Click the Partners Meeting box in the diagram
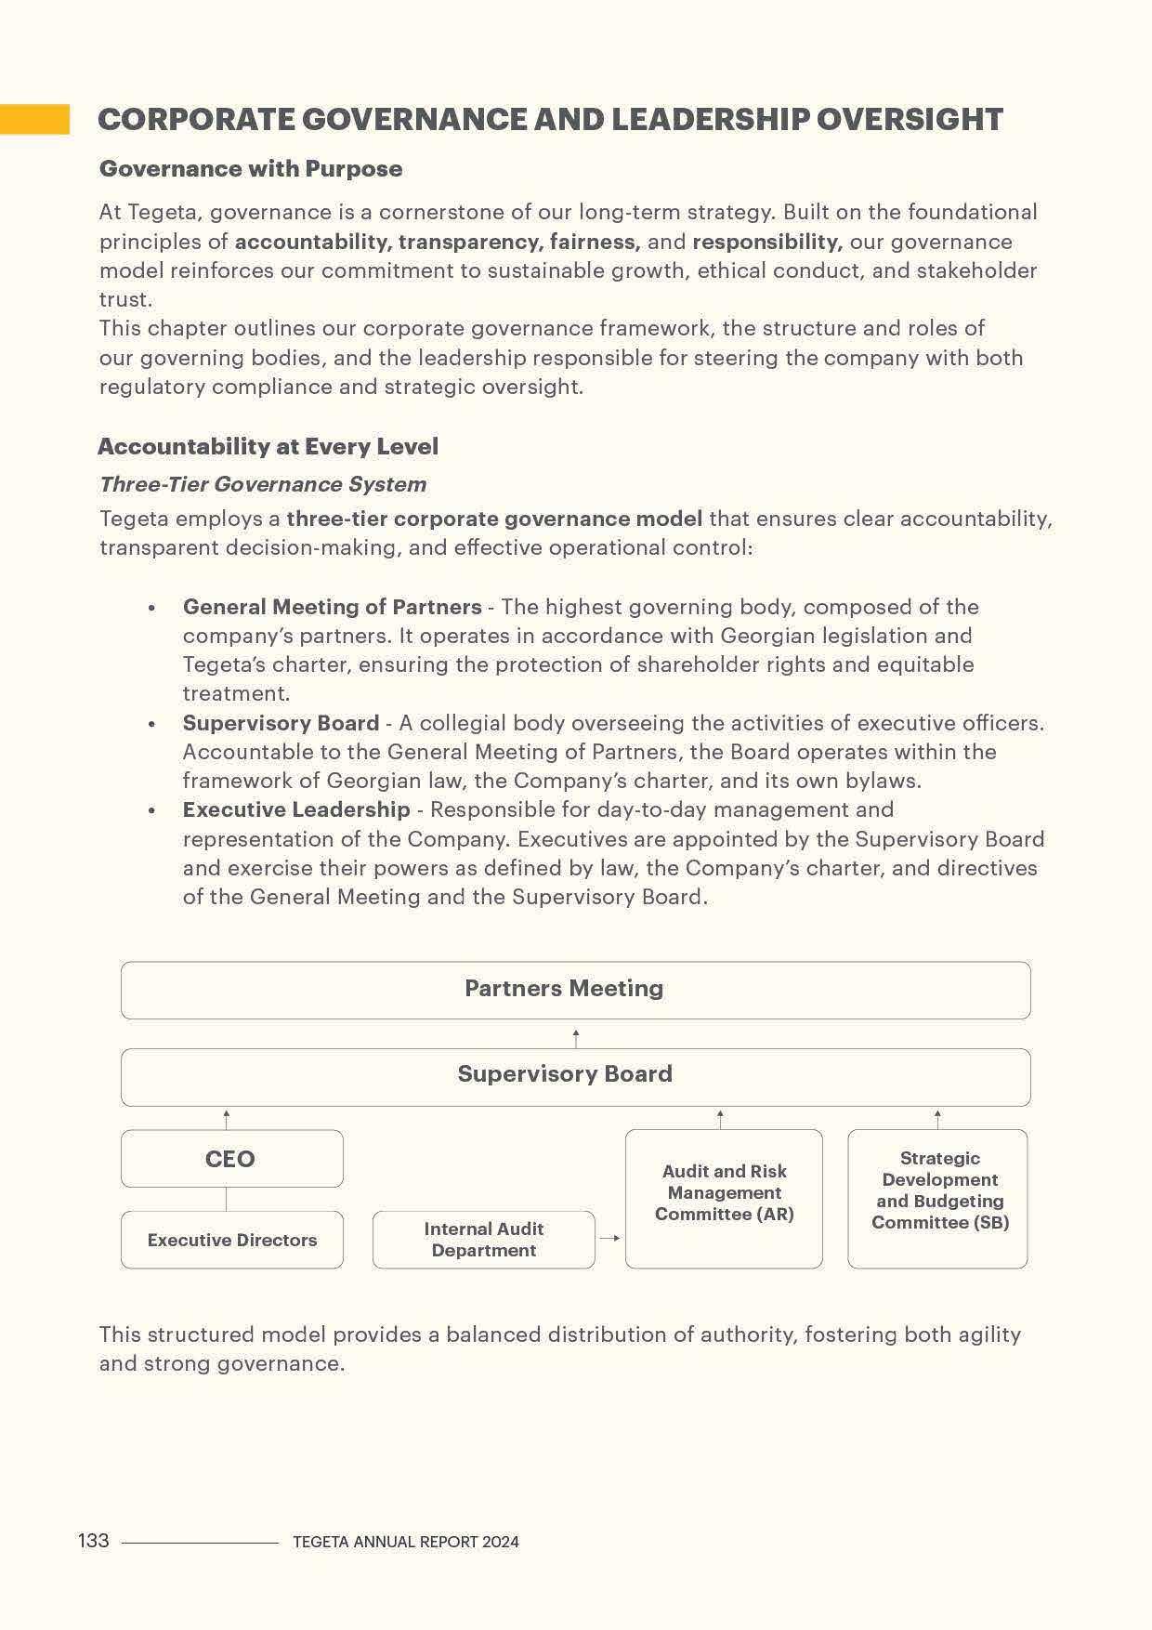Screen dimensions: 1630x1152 (x=575, y=990)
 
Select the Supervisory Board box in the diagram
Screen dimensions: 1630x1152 (x=575, y=1076)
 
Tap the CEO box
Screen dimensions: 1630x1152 (x=231, y=1158)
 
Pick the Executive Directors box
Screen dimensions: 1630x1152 (x=231, y=1240)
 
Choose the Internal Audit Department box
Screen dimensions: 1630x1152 (x=483, y=1240)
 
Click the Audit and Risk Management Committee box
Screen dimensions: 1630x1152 (x=724, y=1198)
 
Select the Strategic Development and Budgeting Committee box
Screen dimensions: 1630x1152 (x=938, y=1198)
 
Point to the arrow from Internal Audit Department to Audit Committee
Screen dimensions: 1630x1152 (x=609, y=1238)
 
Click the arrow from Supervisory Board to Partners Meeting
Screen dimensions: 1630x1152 (x=576, y=1037)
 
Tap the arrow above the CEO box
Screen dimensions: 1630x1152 (x=226, y=1119)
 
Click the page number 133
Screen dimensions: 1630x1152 (x=93, y=1541)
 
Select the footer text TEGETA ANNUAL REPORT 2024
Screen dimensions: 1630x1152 (x=405, y=1542)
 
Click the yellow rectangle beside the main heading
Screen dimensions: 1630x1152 (x=34, y=119)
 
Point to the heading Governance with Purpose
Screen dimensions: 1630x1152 (x=251, y=168)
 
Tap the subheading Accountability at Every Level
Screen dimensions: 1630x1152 (x=268, y=446)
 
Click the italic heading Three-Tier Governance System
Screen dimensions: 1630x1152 (x=263, y=484)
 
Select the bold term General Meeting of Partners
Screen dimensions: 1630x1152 (x=332, y=607)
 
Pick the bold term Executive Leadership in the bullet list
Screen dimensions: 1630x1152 (x=296, y=809)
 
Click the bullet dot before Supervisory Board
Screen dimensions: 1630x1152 (x=151, y=724)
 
